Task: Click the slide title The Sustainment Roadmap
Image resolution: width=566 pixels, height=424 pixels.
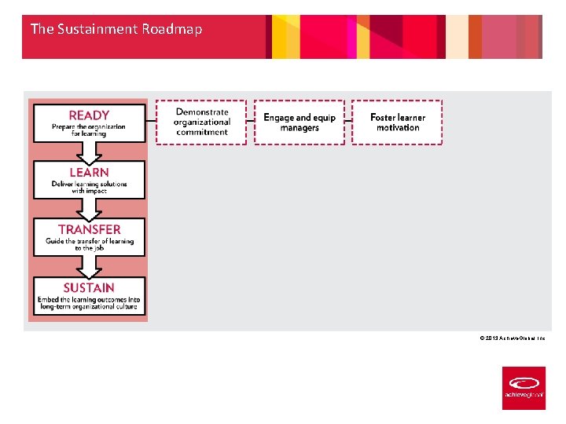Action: coord(116,29)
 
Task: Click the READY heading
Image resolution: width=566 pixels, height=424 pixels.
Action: coord(89,115)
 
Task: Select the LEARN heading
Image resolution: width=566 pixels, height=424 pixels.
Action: coord(89,172)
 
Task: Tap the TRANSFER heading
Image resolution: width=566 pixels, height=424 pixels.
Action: coord(89,229)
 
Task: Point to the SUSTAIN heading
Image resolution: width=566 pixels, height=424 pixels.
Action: coord(89,288)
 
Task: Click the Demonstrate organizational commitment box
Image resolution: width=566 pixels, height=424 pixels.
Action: coord(201,122)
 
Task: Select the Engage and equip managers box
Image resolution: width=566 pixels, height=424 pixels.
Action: coord(300,122)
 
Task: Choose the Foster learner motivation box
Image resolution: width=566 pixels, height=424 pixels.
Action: coord(397,122)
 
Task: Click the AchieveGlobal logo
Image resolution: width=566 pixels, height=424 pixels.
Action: coord(524,388)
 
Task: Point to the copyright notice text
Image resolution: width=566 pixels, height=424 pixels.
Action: coord(512,338)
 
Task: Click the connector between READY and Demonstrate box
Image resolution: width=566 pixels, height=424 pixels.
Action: coord(151,122)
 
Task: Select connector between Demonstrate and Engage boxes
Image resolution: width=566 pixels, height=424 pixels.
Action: coord(250,122)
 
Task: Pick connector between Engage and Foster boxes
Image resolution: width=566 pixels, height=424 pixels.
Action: coord(348,122)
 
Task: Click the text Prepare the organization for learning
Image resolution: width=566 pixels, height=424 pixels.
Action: coord(89,130)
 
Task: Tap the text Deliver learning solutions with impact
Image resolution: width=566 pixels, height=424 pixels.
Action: coord(89,188)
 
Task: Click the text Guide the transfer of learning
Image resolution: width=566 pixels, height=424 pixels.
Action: coord(89,241)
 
